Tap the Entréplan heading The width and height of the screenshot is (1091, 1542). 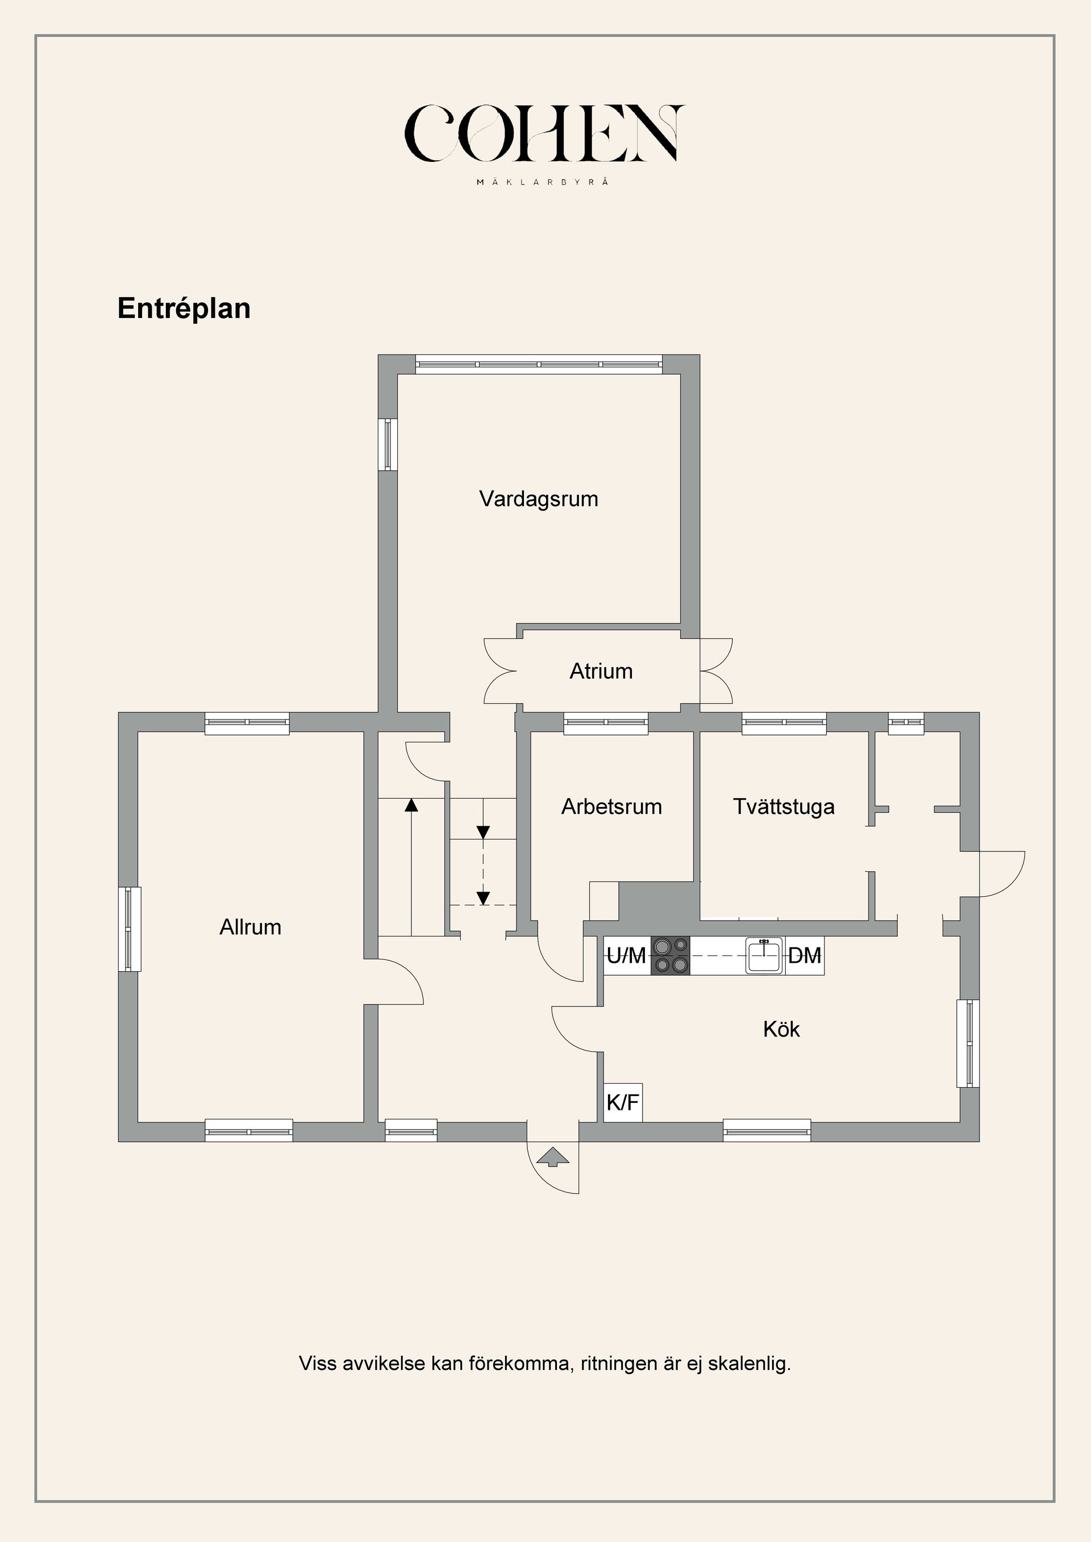(184, 308)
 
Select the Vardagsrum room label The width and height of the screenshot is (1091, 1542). (538, 499)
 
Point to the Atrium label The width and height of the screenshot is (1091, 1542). (601, 671)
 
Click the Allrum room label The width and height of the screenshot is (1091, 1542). (250, 927)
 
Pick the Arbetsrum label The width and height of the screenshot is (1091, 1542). (611, 806)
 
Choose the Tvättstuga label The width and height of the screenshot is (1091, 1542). (784, 806)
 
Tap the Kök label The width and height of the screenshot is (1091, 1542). (781, 1029)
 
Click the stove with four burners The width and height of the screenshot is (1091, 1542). (671, 955)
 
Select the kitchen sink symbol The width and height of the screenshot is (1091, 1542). (764, 956)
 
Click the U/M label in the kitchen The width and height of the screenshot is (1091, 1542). (626, 955)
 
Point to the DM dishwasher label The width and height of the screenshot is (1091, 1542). (804, 955)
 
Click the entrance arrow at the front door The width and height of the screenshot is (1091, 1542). (553, 1156)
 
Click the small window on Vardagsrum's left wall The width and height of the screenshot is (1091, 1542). (388, 444)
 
